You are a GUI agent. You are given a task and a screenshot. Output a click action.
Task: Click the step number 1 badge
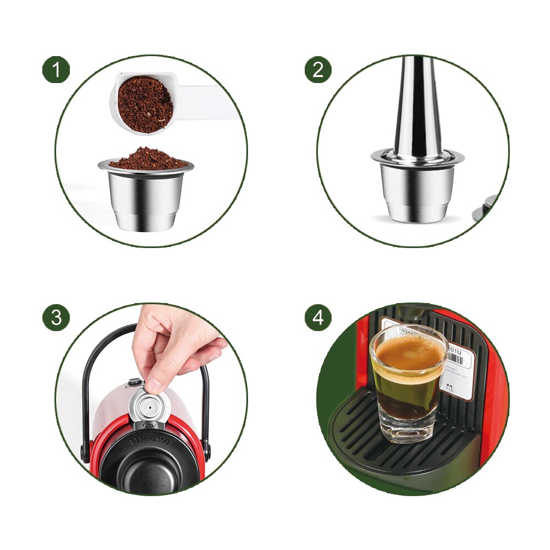pos(56,70)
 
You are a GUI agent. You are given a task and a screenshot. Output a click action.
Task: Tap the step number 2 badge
pos(318,70)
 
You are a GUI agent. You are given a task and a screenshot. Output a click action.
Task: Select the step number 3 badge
pos(56,317)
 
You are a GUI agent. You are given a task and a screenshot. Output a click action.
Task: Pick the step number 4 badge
pos(318,317)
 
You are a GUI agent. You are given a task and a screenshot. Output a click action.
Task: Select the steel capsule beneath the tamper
pos(417,190)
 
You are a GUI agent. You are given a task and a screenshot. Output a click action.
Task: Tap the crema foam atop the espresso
pos(408,352)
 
